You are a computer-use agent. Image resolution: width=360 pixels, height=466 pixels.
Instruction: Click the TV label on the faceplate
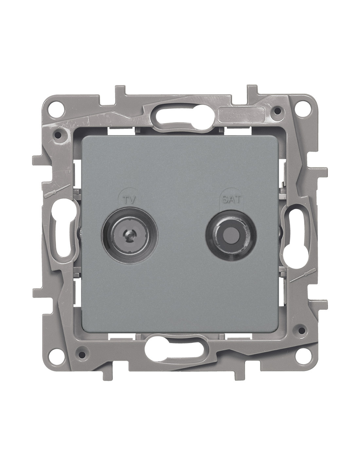pyautogui.click(x=130, y=200)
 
